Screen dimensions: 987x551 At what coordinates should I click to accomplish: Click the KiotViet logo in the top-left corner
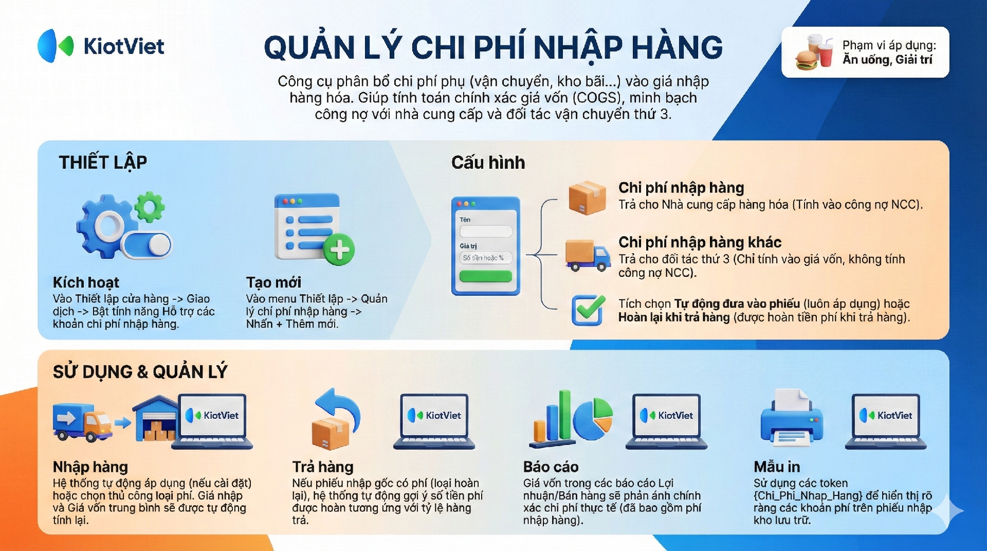click(101, 46)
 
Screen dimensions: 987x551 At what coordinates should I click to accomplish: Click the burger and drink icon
click(814, 52)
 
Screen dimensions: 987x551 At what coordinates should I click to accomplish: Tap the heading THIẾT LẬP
click(103, 163)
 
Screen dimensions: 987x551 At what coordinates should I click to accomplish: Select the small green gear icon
click(150, 207)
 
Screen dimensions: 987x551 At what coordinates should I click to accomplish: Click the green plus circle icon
click(339, 250)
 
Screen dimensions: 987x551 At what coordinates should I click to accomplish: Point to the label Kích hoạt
click(86, 282)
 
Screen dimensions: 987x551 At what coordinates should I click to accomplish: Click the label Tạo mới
click(273, 282)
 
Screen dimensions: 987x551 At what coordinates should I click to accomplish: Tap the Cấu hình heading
click(488, 163)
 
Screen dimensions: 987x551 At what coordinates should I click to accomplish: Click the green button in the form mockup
click(485, 277)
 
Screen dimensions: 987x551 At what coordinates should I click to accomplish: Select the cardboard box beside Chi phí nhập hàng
click(587, 198)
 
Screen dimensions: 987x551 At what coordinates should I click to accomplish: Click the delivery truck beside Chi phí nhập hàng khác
click(588, 255)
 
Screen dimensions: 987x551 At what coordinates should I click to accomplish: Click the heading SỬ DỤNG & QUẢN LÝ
click(140, 371)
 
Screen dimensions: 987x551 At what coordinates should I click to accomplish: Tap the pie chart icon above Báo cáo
click(593, 418)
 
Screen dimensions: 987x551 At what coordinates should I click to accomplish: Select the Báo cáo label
click(551, 467)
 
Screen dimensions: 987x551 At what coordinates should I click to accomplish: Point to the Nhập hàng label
click(90, 467)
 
